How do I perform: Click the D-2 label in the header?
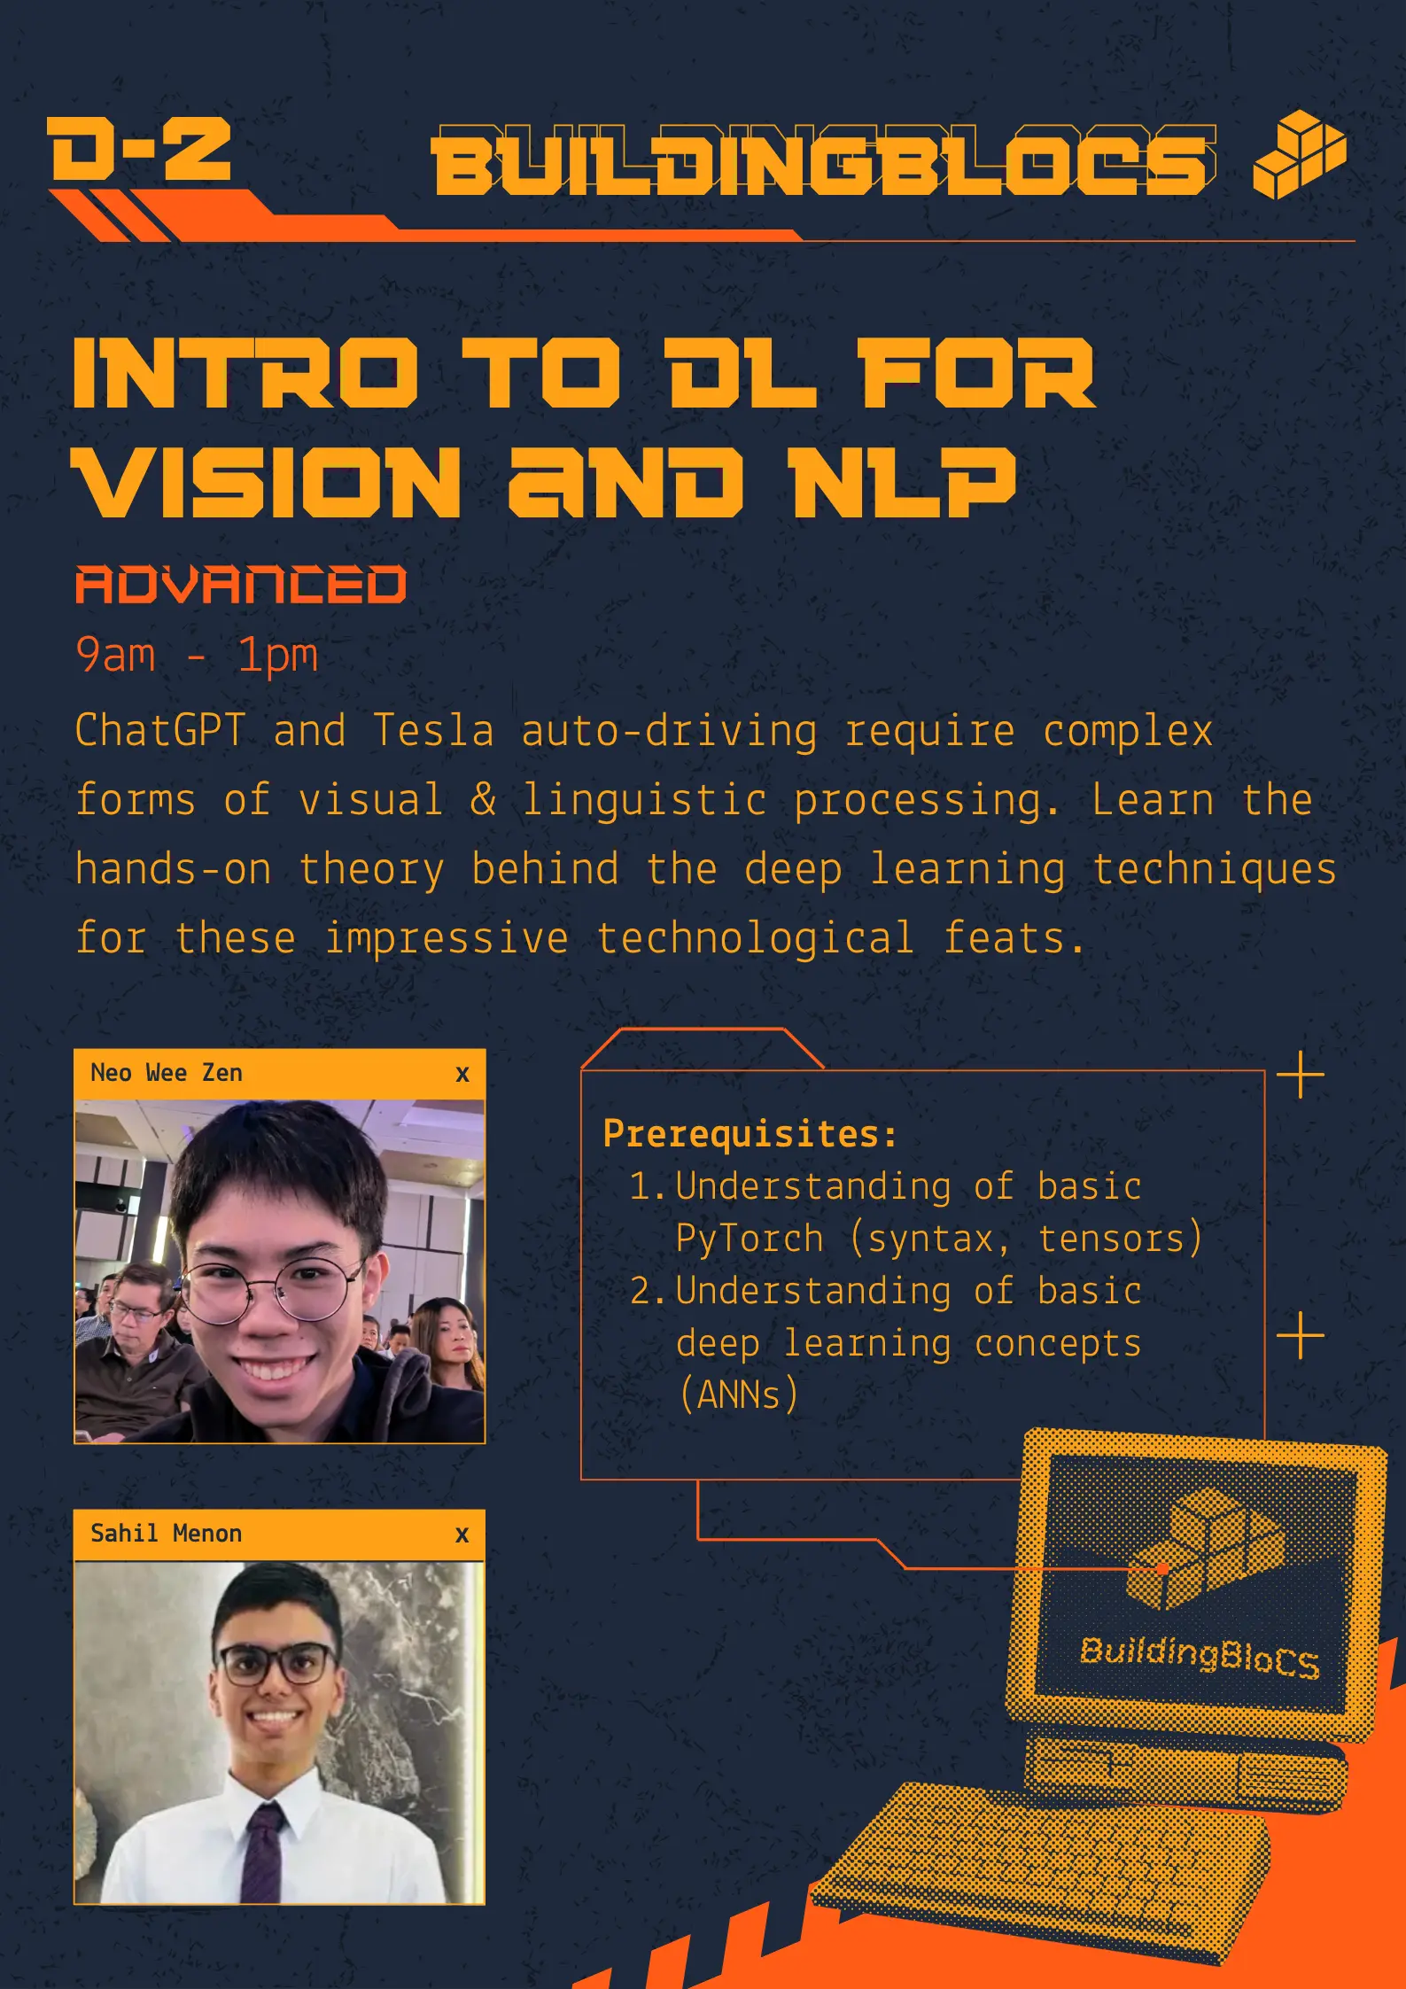[140, 150]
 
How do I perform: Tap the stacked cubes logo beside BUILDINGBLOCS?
[1299, 154]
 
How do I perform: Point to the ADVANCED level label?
[241, 585]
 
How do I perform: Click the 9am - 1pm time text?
[196, 656]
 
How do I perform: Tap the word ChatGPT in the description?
[160, 731]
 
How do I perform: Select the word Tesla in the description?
[433, 731]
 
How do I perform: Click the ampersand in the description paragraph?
[483, 799]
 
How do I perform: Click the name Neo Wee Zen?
[167, 1073]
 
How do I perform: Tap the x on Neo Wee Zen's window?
[462, 1075]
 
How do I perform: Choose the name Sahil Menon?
[167, 1534]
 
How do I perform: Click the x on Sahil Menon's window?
[462, 1535]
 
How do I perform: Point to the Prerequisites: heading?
[750, 1134]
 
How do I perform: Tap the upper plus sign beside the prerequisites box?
[1301, 1076]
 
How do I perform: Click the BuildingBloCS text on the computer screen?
[1200, 1657]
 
